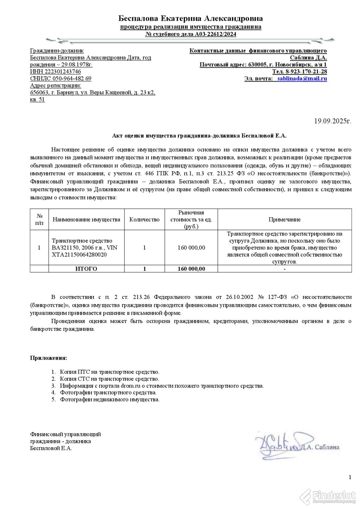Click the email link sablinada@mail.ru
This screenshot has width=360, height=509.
(x=302, y=79)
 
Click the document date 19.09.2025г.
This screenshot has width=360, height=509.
(x=333, y=121)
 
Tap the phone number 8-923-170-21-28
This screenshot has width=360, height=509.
(x=304, y=72)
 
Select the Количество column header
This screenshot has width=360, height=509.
(x=144, y=220)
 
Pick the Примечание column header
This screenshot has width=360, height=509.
(x=284, y=220)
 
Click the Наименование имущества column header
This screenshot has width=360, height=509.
(x=86, y=220)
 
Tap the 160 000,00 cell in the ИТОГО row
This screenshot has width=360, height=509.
(x=191, y=269)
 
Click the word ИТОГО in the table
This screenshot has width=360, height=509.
(x=86, y=269)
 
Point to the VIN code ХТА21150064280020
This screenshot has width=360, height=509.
(x=79, y=255)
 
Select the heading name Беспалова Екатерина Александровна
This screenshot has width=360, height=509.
(x=191, y=18)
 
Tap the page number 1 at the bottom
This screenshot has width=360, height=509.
(x=350, y=477)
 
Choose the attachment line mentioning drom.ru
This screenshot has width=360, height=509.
(x=162, y=386)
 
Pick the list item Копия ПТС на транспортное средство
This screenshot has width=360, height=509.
(x=109, y=372)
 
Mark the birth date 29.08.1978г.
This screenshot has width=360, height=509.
(x=75, y=65)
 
